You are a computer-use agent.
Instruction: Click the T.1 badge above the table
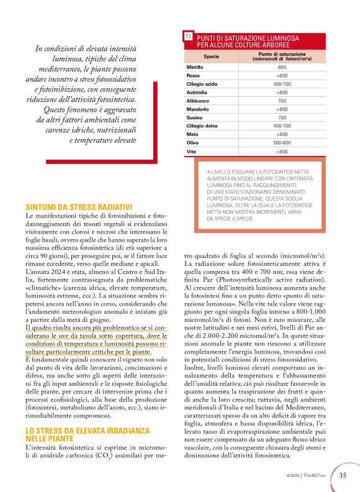[187, 38]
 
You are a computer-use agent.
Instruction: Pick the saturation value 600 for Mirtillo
[282, 66]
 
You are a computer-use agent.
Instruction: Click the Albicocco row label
[198, 100]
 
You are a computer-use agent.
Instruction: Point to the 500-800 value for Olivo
[282, 142]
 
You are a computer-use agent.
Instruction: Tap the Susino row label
[195, 117]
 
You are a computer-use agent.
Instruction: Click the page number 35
[343, 476]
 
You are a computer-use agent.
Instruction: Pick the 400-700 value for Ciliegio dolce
[282, 125]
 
